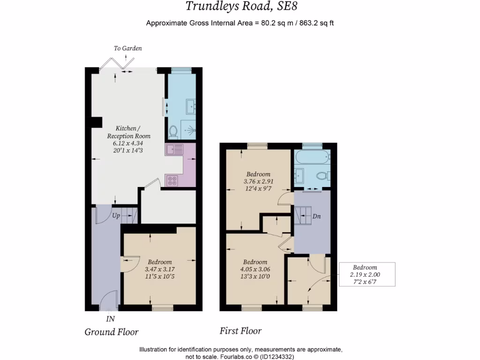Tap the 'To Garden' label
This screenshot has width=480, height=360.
pyautogui.click(x=127, y=48)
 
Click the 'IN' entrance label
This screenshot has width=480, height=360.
pyautogui.click(x=110, y=319)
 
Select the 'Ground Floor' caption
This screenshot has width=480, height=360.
pyautogui.click(x=112, y=332)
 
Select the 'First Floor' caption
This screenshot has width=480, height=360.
pyautogui.click(x=240, y=331)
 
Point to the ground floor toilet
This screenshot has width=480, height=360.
pyautogui.click(x=172, y=132)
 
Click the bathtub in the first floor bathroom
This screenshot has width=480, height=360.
pyautogui.click(x=312, y=158)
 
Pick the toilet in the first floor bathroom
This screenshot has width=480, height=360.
pyautogui.click(x=322, y=176)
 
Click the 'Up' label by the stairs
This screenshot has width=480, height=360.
pyautogui.click(x=116, y=216)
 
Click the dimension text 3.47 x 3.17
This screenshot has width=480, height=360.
pyautogui.click(x=160, y=269)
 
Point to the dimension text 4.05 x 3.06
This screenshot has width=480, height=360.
pyautogui.click(x=255, y=269)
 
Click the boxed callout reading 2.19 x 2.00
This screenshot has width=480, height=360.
pyautogui.click(x=367, y=274)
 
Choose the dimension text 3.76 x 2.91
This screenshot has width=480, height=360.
pyautogui.click(x=258, y=181)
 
